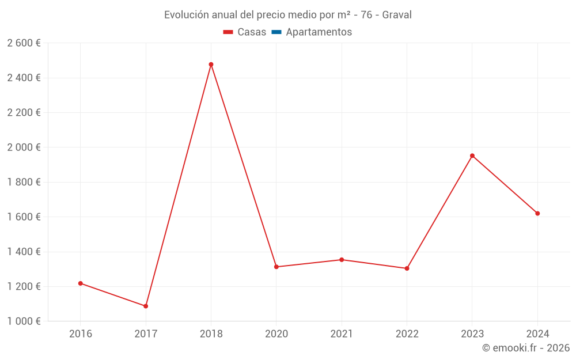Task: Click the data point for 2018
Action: (x=211, y=65)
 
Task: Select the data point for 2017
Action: (x=146, y=306)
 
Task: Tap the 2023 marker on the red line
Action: (x=472, y=156)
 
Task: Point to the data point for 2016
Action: (x=81, y=283)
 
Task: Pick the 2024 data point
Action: (x=537, y=213)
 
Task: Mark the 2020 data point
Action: (x=276, y=267)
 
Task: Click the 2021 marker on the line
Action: (x=342, y=260)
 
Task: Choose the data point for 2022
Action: (x=407, y=268)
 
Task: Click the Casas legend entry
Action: (x=245, y=32)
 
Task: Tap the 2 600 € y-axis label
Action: (x=24, y=43)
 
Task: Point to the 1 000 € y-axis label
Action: (x=24, y=321)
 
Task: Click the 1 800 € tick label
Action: (x=24, y=182)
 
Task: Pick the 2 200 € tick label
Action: (x=24, y=113)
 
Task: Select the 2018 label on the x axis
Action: (x=211, y=334)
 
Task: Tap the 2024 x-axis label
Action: (x=537, y=334)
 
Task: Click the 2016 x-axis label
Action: (x=81, y=334)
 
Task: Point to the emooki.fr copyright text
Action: (x=526, y=348)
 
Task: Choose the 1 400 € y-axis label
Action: (x=24, y=252)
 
